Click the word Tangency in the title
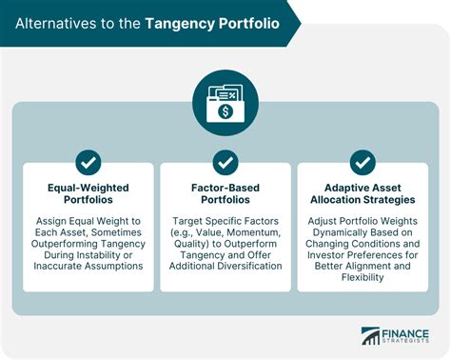[182, 22]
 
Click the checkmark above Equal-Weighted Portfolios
[89, 161]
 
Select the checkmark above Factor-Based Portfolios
[225, 161]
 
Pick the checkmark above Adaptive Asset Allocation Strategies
[362, 161]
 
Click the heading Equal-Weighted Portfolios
[89, 195]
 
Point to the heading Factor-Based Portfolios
[225, 195]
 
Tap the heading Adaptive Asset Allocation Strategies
[362, 195]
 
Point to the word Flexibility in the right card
[363, 280]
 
